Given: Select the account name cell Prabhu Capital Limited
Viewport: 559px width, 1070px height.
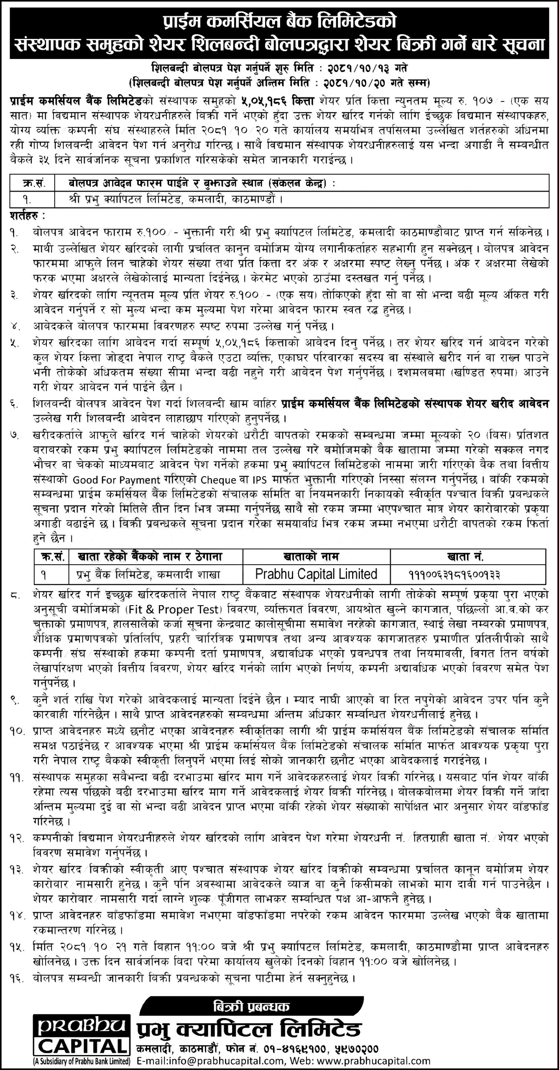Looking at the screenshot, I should click(317, 574).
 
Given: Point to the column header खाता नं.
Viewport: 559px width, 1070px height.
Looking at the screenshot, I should click(467, 556).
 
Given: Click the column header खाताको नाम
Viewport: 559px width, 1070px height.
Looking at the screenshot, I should click(316, 556).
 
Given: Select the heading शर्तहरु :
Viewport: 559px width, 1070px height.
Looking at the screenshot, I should click(28, 217).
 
